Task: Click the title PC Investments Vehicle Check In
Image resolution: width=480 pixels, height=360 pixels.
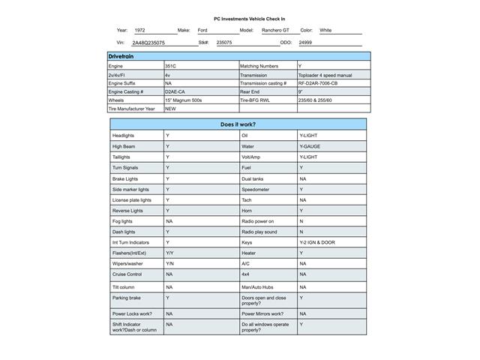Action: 249,19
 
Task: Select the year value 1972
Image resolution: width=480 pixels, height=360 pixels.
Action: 140,31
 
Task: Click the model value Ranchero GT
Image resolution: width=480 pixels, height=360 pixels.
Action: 275,31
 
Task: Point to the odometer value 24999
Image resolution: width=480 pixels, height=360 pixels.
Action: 305,43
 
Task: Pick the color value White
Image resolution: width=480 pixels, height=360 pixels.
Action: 325,31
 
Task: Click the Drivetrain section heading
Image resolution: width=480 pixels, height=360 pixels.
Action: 122,56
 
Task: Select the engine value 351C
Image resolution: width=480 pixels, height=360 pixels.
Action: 171,67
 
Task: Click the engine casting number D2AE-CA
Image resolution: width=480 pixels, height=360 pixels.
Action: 175,91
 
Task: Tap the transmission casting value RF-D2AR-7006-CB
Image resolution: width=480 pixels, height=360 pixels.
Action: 323,83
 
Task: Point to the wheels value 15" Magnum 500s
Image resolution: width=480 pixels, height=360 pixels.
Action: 184,100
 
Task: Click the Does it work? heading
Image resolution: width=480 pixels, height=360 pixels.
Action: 238,124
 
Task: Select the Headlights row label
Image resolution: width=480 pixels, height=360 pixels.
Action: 123,136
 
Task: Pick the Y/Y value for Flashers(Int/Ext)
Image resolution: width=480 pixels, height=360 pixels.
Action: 169,253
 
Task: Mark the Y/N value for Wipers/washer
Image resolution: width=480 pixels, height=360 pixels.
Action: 169,264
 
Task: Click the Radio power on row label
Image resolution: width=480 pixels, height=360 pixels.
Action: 257,221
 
